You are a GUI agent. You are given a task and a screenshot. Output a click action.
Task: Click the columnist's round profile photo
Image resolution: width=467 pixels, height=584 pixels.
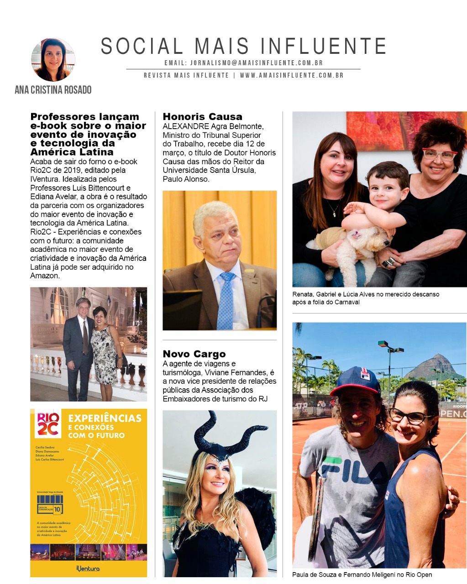click(53, 60)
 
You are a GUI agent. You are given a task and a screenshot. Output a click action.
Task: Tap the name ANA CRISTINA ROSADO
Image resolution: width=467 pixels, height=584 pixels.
click(53, 90)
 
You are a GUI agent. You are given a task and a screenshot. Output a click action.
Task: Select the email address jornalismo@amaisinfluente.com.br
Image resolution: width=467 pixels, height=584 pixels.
click(256, 63)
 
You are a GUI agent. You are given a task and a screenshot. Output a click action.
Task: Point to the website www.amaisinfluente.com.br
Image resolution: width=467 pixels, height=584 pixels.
click(291, 75)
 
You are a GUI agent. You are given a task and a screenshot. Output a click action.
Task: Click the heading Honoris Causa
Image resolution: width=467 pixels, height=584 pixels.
click(202, 117)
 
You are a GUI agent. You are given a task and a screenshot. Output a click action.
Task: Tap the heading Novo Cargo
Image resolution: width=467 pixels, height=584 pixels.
click(194, 354)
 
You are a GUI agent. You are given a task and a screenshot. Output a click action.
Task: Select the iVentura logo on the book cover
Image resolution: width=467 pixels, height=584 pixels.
click(88, 568)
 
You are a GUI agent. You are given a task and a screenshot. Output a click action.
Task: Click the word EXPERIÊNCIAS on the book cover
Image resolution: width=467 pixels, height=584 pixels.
click(105, 418)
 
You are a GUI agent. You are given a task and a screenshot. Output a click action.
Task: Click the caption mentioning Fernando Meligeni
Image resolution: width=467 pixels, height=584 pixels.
click(362, 575)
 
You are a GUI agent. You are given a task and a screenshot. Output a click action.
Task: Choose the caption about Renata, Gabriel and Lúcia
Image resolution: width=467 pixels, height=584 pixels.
click(365, 298)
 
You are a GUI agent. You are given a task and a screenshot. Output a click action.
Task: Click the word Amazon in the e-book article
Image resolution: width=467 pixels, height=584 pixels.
click(45, 276)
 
